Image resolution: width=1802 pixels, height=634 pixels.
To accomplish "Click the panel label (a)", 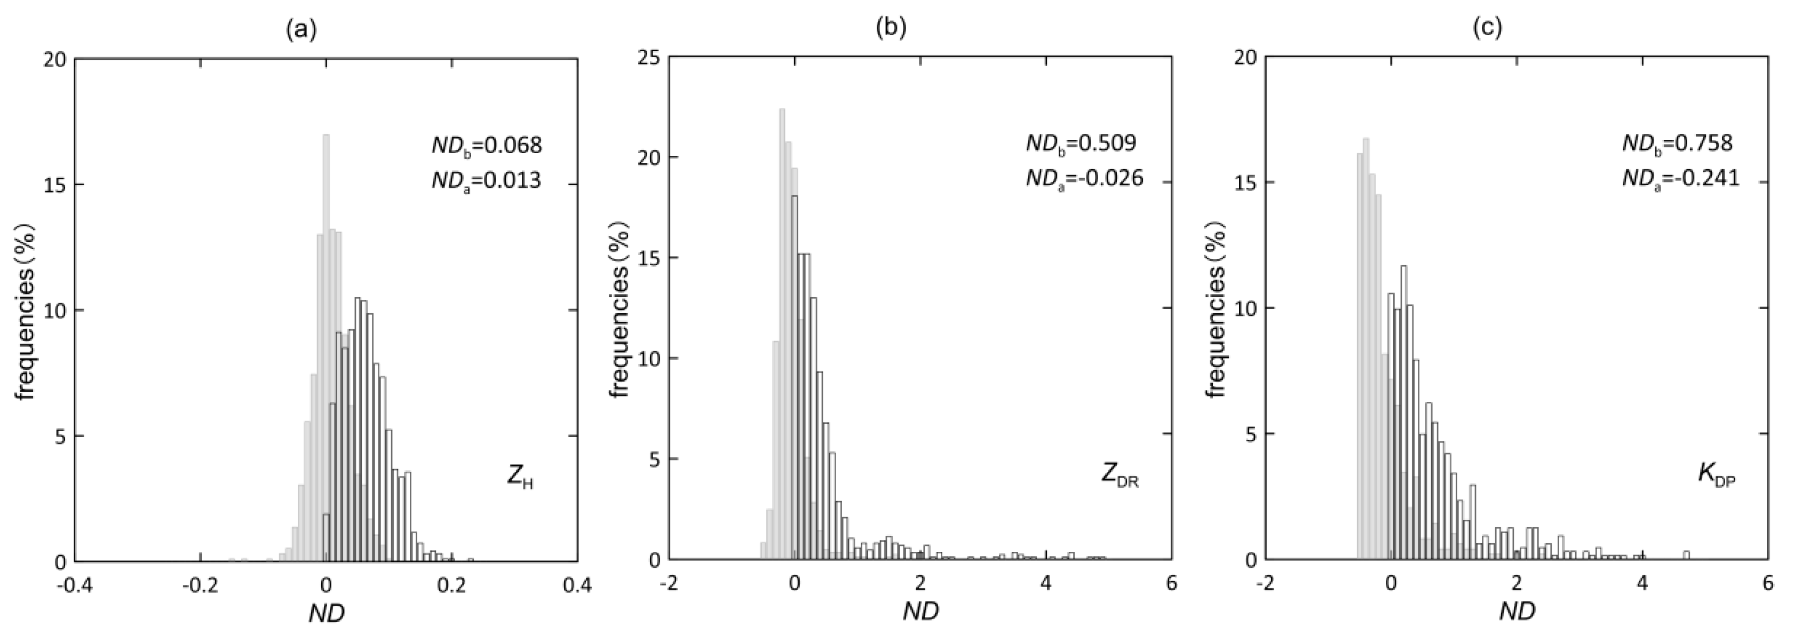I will click(x=301, y=29).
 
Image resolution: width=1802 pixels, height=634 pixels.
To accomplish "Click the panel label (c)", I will click(x=1487, y=29).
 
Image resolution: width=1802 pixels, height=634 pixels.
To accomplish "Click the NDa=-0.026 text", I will click(x=1084, y=178).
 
